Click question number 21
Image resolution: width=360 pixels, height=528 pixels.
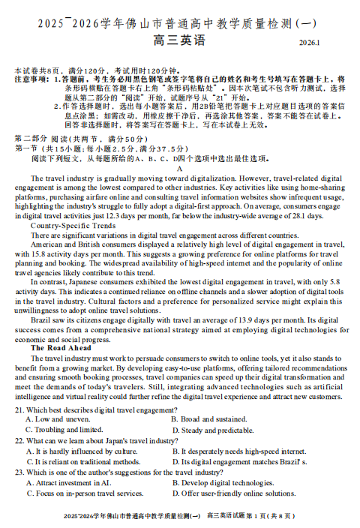(19, 409)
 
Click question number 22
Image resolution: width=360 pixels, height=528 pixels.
(19, 441)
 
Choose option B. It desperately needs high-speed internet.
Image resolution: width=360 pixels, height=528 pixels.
(238, 451)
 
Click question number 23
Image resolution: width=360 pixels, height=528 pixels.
(19, 472)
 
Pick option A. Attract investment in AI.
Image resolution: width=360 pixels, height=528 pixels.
(67, 483)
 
